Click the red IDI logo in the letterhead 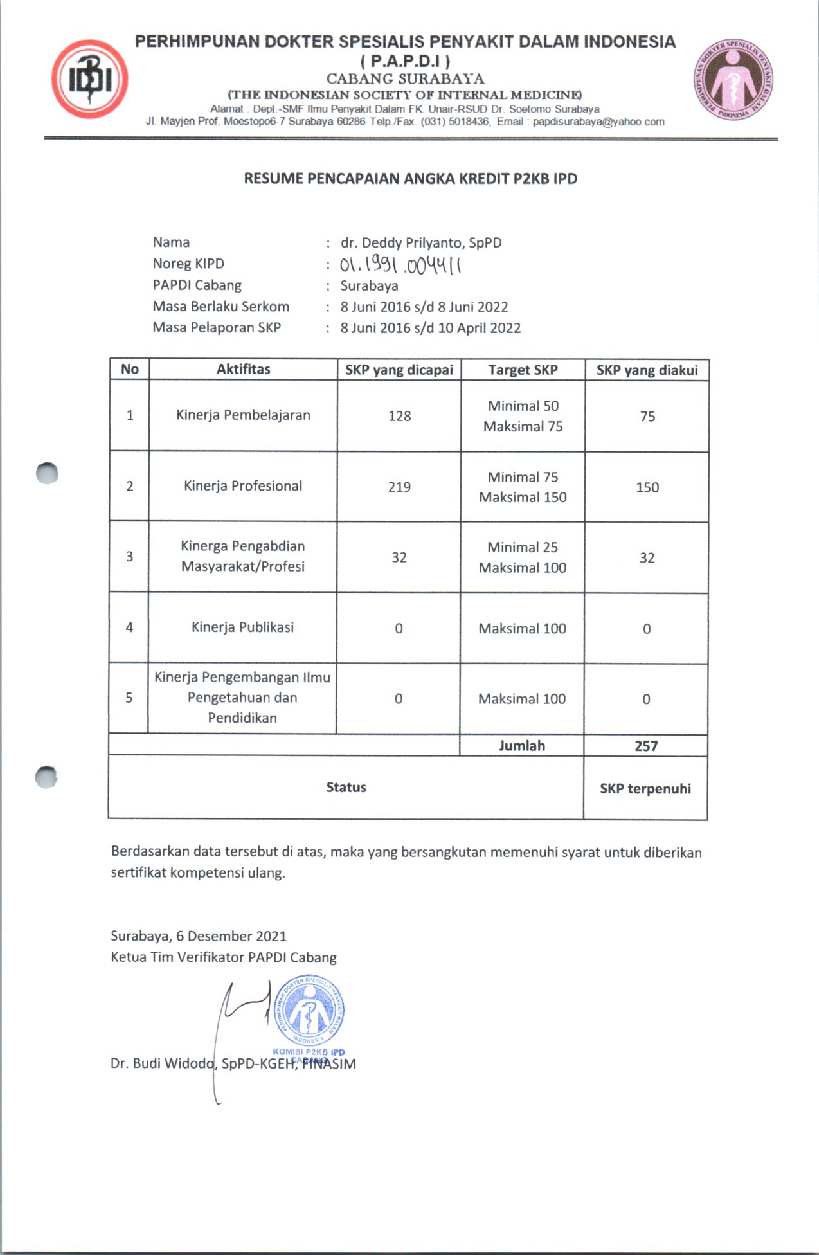pos(90,79)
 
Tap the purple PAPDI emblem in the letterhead pos(733,80)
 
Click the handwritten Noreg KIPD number pos(401,264)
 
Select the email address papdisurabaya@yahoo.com pos(598,122)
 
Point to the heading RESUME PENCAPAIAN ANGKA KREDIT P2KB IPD pos(410,179)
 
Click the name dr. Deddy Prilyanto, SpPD pos(420,242)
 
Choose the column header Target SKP pos(523,370)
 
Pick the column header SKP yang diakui pos(647,370)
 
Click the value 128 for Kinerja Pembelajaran pos(399,416)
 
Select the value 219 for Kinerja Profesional pos(399,487)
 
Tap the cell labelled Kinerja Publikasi pos(242,627)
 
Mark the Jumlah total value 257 pos(646,746)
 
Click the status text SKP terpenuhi pos(645,788)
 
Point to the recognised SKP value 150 pos(647,487)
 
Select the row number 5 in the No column pos(129,698)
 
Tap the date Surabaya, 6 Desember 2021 pos(199,936)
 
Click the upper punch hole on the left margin pos(47,474)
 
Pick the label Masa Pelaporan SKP pos(217,327)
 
